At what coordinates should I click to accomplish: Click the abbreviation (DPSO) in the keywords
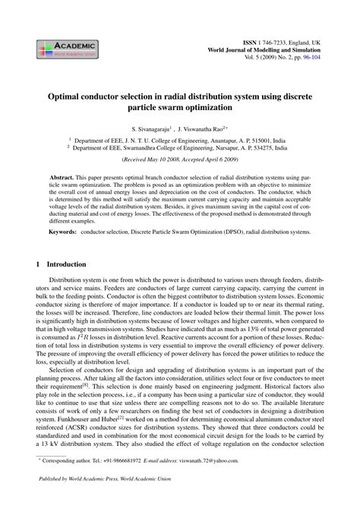point(232,229)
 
